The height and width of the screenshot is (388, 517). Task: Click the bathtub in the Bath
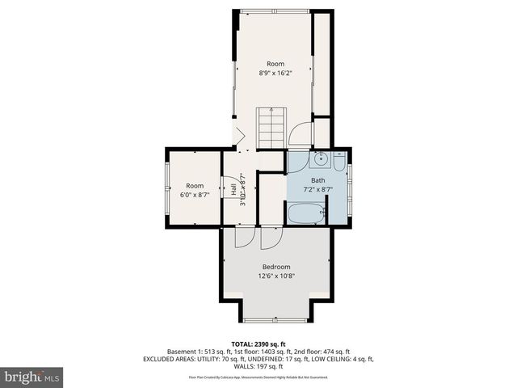click(x=306, y=214)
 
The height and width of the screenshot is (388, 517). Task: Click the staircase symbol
click(x=271, y=127)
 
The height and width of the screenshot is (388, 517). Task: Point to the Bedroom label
click(x=276, y=267)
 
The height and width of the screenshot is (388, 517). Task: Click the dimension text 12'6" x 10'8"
click(x=276, y=276)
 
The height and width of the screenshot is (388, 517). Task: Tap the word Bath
click(x=317, y=181)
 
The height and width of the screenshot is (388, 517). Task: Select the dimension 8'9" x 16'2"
click(x=276, y=73)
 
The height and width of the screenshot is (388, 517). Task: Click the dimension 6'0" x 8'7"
click(x=194, y=195)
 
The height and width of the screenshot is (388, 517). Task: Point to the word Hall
click(x=233, y=191)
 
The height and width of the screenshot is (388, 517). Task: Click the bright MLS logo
click(x=32, y=377)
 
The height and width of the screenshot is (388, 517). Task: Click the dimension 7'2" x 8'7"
click(x=317, y=190)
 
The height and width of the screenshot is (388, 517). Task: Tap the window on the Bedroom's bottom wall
click(x=276, y=321)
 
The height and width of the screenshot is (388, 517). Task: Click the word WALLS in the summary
click(x=257, y=367)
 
